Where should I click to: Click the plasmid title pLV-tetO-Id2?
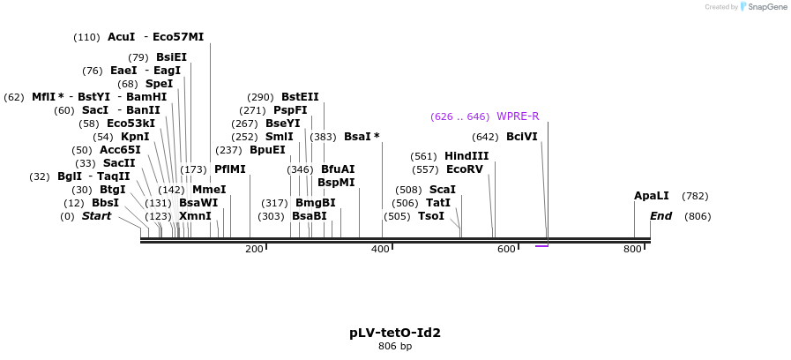pos(394,333)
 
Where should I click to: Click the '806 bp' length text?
pos(394,347)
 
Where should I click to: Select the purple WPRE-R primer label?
pos(518,116)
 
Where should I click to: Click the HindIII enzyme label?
pos(466,156)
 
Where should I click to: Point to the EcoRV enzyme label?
pos(465,169)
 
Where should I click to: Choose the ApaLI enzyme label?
pos(652,196)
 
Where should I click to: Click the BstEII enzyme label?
pos(300,97)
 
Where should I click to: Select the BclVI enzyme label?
pos(521,137)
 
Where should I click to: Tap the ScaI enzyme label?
pos(442,190)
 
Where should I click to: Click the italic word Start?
pos(96,216)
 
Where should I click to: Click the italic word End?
pos(661,216)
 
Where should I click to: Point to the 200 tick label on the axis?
pos(254,250)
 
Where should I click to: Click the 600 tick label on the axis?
pos(506,250)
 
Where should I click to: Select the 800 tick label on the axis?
pos(632,250)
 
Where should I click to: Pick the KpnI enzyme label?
pos(135,137)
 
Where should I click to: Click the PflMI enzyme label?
pos(230,169)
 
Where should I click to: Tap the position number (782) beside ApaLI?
pos(694,196)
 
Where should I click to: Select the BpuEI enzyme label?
pos(267,150)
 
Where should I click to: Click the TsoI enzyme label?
pos(431,216)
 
